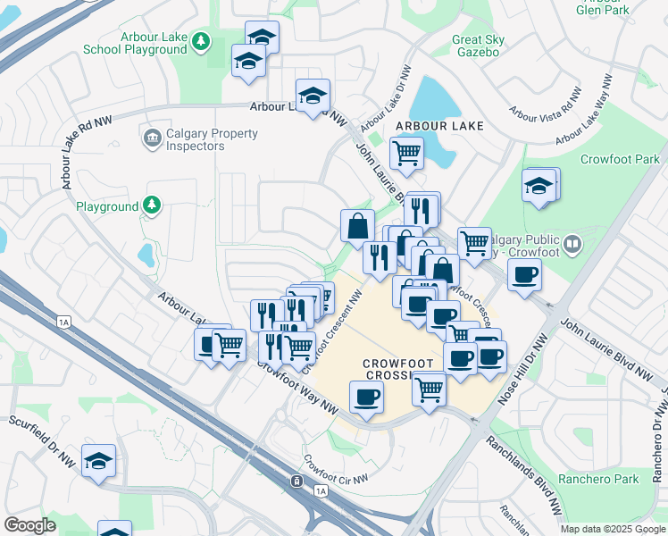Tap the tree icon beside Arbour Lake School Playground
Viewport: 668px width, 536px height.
[x=202, y=41]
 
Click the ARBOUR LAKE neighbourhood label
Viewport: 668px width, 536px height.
[x=438, y=126]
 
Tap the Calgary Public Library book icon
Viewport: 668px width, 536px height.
[x=572, y=241]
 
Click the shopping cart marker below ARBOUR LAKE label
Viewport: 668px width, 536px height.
[x=406, y=152]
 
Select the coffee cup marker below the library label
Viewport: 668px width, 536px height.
[x=524, y=273]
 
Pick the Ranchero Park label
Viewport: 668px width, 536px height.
[x=598, y=480]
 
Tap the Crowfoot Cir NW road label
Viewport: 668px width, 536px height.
[x=335, y=470]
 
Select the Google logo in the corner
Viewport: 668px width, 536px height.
[x=29, y=525]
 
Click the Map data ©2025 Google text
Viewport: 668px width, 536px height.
[x=612, y=529]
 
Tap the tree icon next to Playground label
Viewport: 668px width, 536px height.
[x=153, y=206]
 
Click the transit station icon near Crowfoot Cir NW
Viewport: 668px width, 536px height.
[x=295, y=482]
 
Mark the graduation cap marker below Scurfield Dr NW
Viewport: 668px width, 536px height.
[x=98, y=460]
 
